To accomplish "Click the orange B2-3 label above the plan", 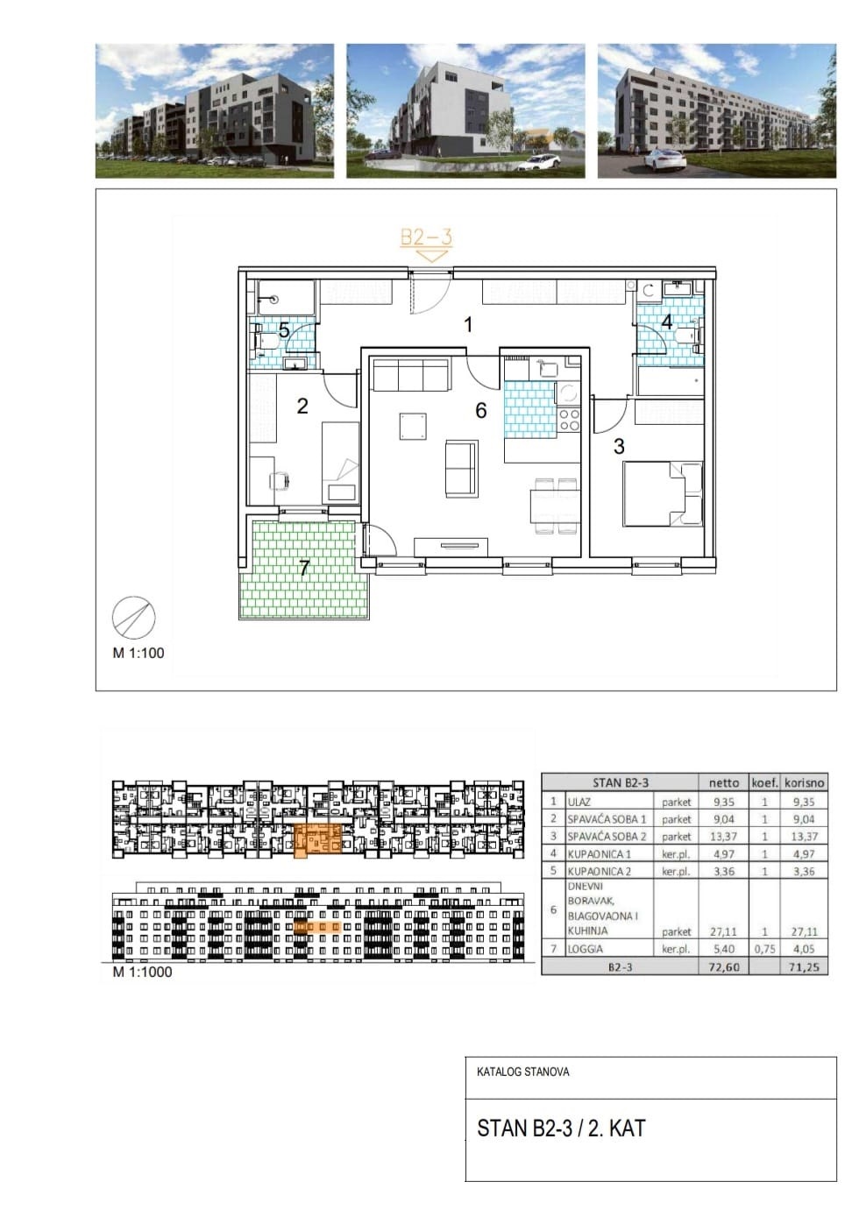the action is pos(426,237).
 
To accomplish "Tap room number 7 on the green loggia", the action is pos(303,568).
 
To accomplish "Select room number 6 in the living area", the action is pos(480,411).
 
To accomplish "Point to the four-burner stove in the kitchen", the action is pos(568,420).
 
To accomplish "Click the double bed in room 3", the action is pos(663,493).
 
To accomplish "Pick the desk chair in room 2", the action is pos(280,479).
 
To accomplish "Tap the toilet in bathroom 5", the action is pos(266,341).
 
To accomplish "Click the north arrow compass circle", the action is pos(133,618).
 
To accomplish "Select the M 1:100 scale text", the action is pos(138,653).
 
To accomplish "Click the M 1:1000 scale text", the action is pos(142,972).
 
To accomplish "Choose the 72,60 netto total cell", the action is pos(723,966).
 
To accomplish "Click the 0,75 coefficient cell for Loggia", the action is pos(764,949).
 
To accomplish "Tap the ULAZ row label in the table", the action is pos(579,803).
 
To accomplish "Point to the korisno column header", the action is pos(804,782).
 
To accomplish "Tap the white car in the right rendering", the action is pos(664,159).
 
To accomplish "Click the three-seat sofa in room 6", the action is pos(410,374).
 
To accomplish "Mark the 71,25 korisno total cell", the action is pos(804,966).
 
